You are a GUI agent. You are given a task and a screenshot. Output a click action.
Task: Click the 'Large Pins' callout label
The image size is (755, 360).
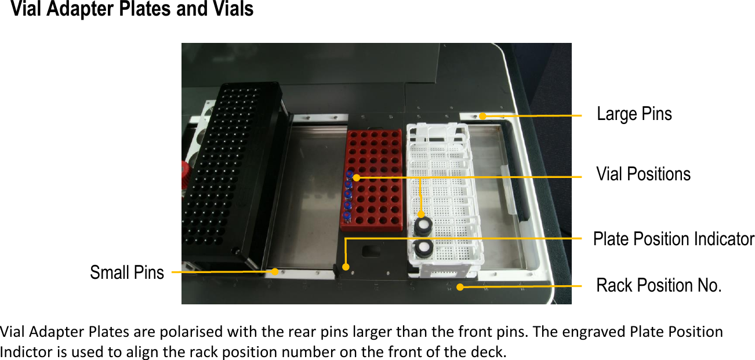[x=634, y=114]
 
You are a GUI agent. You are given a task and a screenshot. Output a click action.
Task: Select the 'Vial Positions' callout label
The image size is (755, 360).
[x=643, y=174]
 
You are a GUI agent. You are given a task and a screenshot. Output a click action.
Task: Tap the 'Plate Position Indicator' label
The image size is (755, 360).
[x=673, y=239]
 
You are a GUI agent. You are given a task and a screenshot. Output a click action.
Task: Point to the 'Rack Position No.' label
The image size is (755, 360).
[x=659, y=285]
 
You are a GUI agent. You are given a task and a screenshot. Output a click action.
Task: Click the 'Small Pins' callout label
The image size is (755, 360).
[x=127, y=272]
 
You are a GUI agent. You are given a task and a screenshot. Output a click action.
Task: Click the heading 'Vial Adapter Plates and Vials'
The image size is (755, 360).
[x=132, y=10]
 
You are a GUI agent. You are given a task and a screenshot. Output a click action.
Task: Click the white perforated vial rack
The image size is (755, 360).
[x=444, y=197]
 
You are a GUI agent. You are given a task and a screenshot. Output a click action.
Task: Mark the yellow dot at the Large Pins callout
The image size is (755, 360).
[x=482, y=117]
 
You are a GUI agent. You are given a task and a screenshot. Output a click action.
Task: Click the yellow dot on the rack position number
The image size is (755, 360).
[x=459, y=286]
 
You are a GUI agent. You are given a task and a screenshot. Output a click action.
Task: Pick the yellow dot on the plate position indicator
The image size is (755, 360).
[x=346, y=267]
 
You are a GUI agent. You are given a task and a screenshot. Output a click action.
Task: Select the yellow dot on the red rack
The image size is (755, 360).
[x=356, y=177]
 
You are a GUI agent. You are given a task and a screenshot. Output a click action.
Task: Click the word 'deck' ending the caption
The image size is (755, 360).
[x=492, y=351]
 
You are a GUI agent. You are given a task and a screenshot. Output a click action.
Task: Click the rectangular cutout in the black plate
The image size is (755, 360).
[x=371, y=251]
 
